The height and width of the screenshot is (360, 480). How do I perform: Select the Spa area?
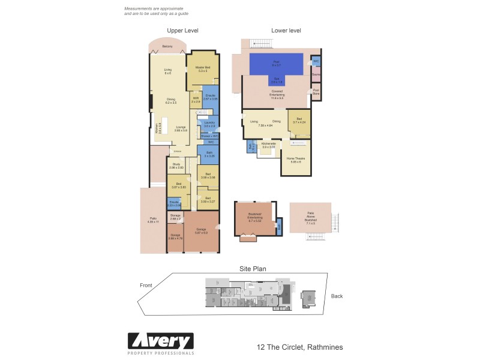click(277, 80)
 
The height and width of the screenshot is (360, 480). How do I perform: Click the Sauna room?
click(316, 74)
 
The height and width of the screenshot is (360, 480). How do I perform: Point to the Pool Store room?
click(316, 92)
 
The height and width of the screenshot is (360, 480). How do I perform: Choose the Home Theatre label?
click(295, 160)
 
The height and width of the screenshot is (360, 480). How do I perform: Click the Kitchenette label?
click(269, 145)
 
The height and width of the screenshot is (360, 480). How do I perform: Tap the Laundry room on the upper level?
click(209, 124)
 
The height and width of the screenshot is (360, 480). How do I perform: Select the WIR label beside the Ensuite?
click(196, 100)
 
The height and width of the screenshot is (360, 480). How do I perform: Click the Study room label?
click(176, 166)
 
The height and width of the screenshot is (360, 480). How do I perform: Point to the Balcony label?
click(168, 46)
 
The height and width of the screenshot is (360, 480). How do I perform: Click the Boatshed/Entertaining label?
click(255, 218)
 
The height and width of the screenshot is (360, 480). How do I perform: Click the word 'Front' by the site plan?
click(146, 285)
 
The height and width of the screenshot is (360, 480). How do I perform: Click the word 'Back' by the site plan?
click(337, 296)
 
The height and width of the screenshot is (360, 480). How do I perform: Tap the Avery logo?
click(160, 343)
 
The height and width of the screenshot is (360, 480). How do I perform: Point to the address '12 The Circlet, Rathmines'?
click(299, 347)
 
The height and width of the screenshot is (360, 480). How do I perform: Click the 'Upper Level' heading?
click(182, 31)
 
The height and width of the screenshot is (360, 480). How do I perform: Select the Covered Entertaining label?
click(277, 94)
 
